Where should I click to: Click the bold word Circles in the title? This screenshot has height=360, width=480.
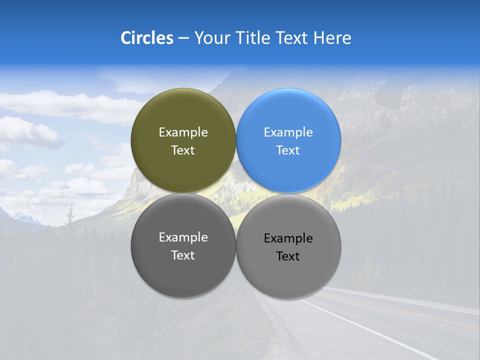(x=146, y=38)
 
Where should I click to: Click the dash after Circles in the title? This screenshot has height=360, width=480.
(x=183, y=38)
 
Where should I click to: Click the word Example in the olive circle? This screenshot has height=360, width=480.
(x=183, y=132)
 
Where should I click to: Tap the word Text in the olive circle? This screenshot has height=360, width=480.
(x=183, y=150)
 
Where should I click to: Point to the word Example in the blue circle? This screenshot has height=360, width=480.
(x=288, y=132)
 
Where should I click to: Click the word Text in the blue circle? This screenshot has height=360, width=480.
(x=288, y=150)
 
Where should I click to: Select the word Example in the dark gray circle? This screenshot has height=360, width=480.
(x=183, y=237)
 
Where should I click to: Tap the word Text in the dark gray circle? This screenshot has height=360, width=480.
(x=183, y=255)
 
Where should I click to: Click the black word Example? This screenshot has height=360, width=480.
(x=288, y=238)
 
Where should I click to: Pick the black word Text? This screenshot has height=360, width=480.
(x=288, y=256)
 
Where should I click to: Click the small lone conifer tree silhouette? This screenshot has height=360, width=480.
(x=70, y=215)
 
